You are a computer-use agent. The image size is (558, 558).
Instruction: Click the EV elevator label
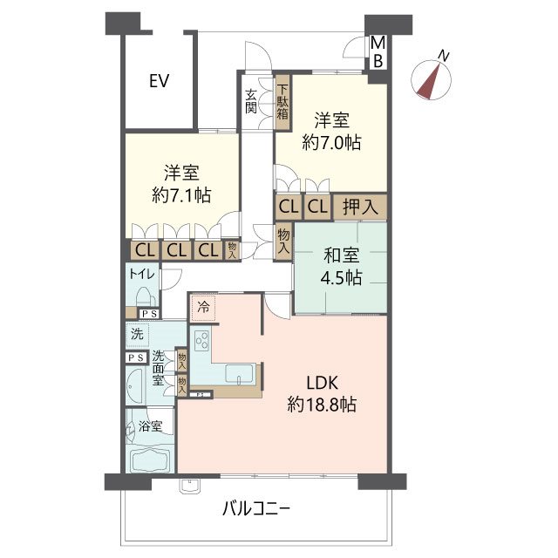pos(159,81)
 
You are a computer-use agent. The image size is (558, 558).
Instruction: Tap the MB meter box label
pos(378,52)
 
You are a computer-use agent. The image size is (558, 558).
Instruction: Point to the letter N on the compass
pos(444,56)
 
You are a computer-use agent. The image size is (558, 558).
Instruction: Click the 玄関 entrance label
pos(251,101)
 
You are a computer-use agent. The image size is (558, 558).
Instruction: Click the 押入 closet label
pos(360,207)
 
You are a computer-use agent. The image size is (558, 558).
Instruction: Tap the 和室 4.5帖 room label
pos(341,267)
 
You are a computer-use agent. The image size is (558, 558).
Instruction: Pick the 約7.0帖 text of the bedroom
pos(331,143)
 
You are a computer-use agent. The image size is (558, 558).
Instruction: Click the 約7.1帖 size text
pos(181,195)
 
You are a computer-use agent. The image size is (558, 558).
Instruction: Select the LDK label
pos(322,383)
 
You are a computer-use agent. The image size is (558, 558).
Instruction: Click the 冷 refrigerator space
pos(203,308)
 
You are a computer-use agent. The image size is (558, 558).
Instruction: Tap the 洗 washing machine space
pos(138,335)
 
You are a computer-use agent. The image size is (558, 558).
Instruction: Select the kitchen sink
pos(240,374)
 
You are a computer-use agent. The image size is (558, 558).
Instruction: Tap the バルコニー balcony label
pos(255,509)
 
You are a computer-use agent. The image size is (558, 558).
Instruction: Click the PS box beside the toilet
pos(149,314)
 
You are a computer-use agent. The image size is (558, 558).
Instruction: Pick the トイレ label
pos(141,274)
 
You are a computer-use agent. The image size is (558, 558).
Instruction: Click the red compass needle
pos(430,83)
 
